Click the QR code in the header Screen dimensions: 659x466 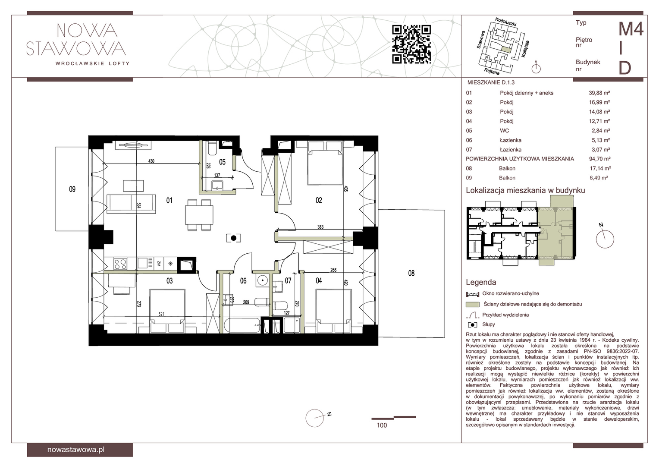coord(411,44)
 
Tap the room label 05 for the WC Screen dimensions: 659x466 coord(223,162)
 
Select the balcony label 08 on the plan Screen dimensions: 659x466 coord(411,273)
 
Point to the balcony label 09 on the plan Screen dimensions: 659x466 coord(72,189)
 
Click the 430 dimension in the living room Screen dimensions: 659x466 coord(151,161)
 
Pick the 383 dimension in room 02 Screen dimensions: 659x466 coord(320,227)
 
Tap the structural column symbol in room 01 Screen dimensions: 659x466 coord(234,238)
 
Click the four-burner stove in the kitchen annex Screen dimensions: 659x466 coord(120,264)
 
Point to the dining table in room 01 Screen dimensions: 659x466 coord(199,215)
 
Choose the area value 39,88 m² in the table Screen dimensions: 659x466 coord(599,93)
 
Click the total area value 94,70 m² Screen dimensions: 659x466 coord(599,159)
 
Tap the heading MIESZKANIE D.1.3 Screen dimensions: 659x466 coord(491,83)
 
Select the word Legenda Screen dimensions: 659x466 coord(481,282)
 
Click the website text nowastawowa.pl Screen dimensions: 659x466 coord(76,450)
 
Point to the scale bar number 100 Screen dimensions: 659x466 coord(382,425)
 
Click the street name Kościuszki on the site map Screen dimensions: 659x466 coord(506,22)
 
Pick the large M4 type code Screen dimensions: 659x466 coord(631,29)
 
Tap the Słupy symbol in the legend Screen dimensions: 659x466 coord(472,325)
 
